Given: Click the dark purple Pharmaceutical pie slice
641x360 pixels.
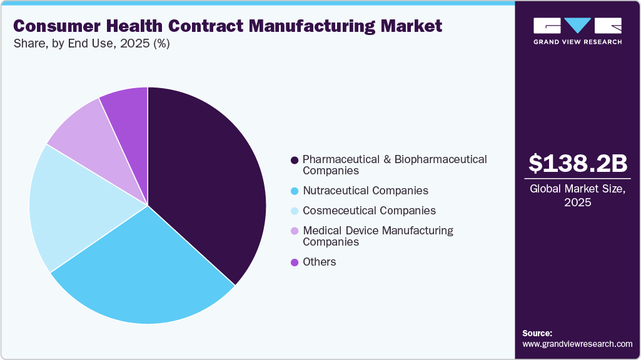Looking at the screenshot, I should tap(206, 181).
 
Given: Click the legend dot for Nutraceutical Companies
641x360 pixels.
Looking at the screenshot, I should tap(294, 191).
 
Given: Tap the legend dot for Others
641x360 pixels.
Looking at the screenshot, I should tap(294, 262).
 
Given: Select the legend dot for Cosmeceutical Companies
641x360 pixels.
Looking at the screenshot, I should tap(294, 211).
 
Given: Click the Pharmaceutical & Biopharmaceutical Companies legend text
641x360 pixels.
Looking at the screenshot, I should tap(394, 165).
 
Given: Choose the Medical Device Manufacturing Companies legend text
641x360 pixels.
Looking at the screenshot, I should tap(378, 236).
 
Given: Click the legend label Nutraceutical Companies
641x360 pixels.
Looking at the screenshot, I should tap(365, 191).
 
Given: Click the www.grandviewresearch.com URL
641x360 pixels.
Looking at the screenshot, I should tap(577, 344).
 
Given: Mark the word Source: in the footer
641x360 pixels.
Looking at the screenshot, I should tap(537, 333).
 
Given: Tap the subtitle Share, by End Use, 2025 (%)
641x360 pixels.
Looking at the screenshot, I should tap(91, 44).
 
